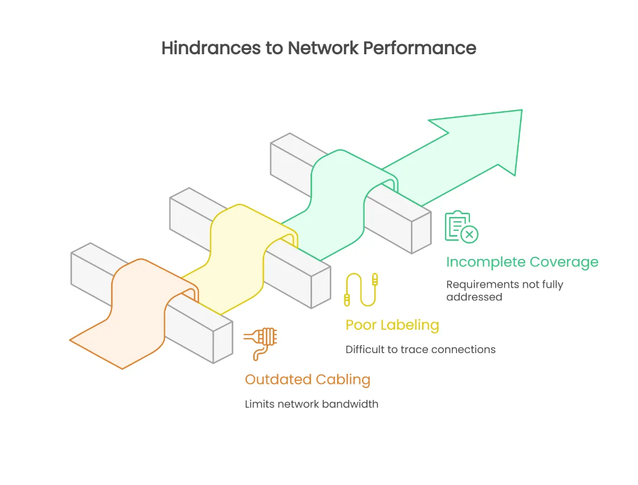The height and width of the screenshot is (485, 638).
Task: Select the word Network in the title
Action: coord(322,48)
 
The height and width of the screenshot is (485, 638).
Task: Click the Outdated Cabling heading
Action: coord(307,380)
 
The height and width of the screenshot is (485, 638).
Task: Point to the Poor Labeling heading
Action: coord(392,324)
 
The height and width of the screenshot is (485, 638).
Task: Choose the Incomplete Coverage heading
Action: coord(522,262)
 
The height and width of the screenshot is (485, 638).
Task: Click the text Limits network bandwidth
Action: coord(312,404)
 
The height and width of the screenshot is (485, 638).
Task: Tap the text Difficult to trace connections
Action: coord(420,349)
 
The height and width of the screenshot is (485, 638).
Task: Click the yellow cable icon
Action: coord(362,289)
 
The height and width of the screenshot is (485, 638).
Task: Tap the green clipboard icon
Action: coord(460,227)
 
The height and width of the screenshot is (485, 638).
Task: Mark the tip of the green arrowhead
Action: coord(521,111)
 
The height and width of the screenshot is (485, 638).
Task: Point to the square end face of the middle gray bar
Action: coord(321,287)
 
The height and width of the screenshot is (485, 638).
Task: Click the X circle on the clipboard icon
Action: coord(469,234)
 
